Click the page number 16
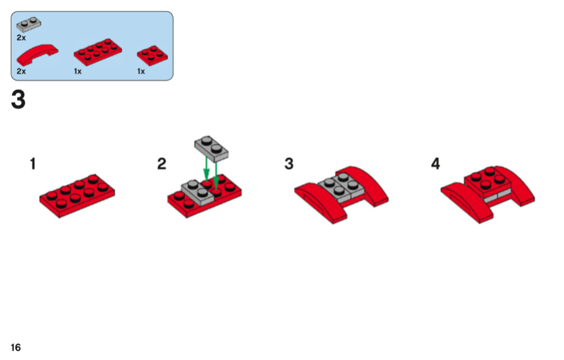[16, 347]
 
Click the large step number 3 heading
[18, 100]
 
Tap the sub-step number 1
[33, 164]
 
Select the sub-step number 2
[162, 164]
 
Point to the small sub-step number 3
[289, 164]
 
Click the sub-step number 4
[436, 164]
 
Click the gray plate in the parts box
[28, 24]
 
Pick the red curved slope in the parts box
[37, 54]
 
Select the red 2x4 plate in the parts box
[98, 52]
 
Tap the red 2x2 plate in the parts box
[152, 55]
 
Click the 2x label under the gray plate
[21, 38]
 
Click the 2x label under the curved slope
[21, 71]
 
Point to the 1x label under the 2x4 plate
[78, 71]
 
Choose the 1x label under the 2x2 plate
[141, 71]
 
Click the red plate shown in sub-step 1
[77, 196]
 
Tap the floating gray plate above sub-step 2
[211, 149]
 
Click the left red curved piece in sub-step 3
[321, 202]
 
